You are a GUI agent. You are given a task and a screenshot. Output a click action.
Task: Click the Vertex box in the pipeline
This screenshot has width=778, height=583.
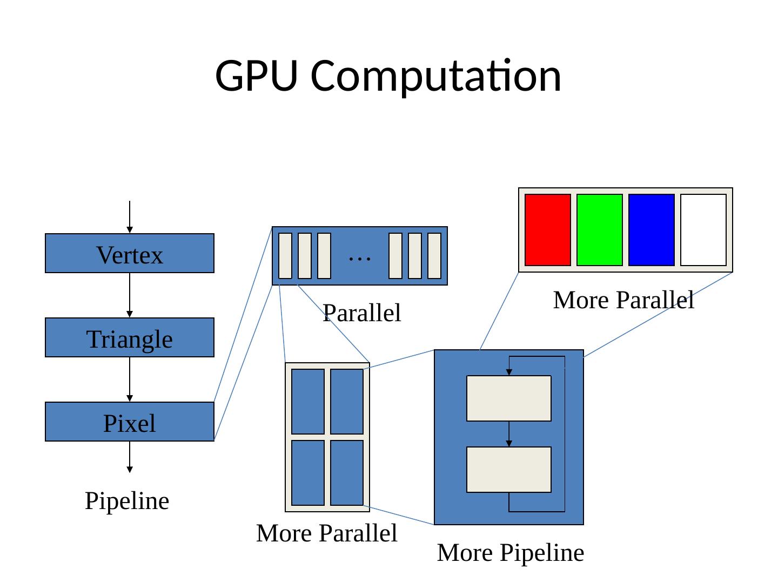click(130, 253)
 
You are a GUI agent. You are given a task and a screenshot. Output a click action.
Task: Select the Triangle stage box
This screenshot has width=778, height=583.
click(130, 337)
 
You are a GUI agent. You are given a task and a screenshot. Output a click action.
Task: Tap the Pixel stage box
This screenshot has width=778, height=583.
click(130, 422)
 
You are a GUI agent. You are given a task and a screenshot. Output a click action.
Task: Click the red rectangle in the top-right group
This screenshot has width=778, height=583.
click(547, 230)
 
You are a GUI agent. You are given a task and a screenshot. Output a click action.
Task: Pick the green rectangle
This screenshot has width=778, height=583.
click(599, 230)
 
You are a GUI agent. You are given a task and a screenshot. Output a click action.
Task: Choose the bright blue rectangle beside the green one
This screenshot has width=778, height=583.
click(651, 230)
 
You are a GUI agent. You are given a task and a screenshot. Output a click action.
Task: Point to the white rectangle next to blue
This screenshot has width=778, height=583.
click(703, 230)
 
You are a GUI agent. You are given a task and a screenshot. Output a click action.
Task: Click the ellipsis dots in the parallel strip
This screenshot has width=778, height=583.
click(360, 259)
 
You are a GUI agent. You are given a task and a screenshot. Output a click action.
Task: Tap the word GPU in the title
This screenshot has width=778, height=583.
click(256, 75)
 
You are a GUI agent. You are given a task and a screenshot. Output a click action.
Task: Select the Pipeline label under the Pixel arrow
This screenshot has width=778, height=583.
click(127, 501)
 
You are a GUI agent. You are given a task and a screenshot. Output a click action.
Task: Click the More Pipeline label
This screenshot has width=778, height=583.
click(511, 553)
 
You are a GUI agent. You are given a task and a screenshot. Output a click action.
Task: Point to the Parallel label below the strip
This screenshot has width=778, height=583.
click(361, 313)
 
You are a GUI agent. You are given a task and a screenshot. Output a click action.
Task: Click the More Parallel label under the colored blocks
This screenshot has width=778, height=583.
click(623, 300)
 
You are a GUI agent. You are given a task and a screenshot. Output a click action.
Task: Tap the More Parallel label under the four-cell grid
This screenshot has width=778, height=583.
click(327, 533)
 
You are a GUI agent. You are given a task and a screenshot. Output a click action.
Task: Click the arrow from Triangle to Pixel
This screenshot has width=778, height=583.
click(130, 379)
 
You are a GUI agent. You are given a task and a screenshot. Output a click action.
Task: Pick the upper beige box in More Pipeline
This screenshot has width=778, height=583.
click(509, 398)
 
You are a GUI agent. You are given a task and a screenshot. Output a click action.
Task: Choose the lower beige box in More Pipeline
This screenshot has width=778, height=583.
click(509, 470)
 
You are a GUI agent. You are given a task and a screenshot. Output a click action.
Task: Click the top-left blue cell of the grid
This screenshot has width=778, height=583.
click(308, 401)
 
